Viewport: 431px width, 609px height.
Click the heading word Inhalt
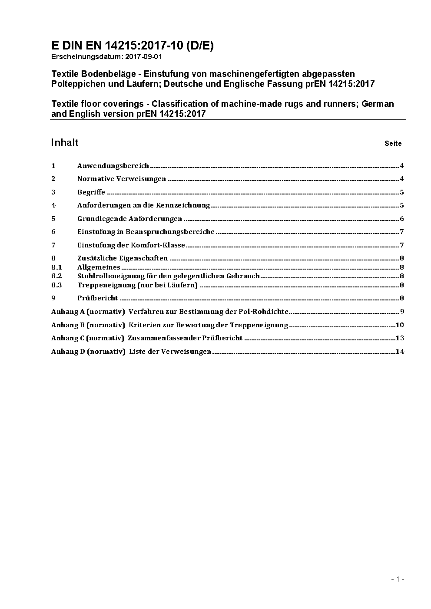tap(65, 143)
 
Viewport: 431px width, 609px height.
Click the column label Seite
tap(393, 144)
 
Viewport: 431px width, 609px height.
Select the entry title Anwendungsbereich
tap(113, 166)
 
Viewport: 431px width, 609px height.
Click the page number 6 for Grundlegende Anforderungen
tap(402, 219)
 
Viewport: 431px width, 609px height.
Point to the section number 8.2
tap(56, 276)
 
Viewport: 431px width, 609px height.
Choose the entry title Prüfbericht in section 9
tap(97, 298)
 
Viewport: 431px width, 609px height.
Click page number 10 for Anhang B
tap(400, 325)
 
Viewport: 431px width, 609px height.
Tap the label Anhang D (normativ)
tap(88, 352)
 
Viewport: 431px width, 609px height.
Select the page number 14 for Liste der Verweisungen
tap(400, 352)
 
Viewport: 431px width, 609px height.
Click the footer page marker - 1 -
tap(398, 579)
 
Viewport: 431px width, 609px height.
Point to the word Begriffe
tap(91, 192)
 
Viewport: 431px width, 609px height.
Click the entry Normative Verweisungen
tap(121, 179)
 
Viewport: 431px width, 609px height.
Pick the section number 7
tap(53, 245)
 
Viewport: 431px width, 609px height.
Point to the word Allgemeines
tap(99, 267)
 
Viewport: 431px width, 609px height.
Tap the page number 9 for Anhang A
tap(402, 312)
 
